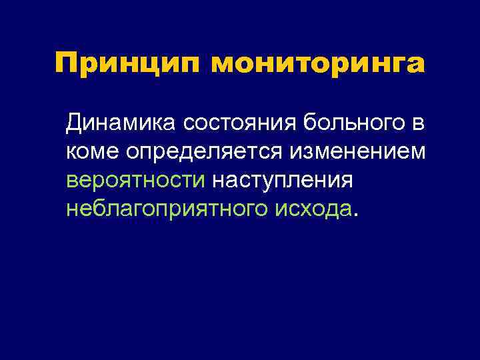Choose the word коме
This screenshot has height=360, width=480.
tap(93, 153)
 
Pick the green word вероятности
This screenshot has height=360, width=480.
tap(136, 181)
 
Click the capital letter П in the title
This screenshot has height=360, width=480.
tap(66, 64)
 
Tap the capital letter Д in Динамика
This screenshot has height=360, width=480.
tap(74, 123)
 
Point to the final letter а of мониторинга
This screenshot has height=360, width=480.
tap(416, 67)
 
